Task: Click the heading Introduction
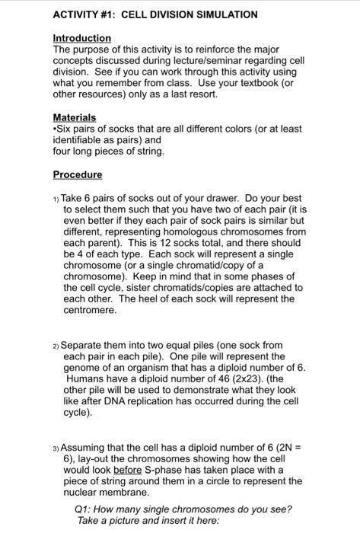pyautogui.click(x=81, y=37)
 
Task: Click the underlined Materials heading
pyautogui.click(x=75, y=117)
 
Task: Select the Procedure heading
pyautogui.click(x=77, y=174)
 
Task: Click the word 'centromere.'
pyautogui.click(x=90, y=310)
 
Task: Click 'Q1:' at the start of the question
pyautogui.click(x=84, y=509)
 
